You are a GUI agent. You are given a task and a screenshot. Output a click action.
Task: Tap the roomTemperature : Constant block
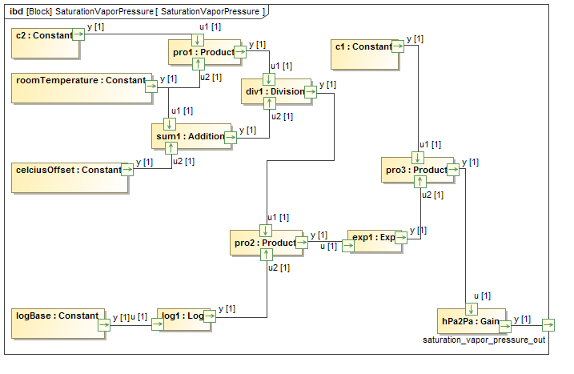(x=80, y=86)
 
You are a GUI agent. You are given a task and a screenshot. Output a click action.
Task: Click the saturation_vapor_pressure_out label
(x=484, y=340)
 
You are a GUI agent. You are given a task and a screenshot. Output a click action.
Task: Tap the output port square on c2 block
(x=78, y=34)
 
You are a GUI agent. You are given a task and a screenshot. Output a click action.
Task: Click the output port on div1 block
(x=311, y=92)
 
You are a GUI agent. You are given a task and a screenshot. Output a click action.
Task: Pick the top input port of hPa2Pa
(x=472, y=310)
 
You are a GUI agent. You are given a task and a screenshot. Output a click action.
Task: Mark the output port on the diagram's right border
(x=548, y=324)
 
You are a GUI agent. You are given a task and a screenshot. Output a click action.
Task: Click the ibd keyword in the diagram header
(x=16, y=11)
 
